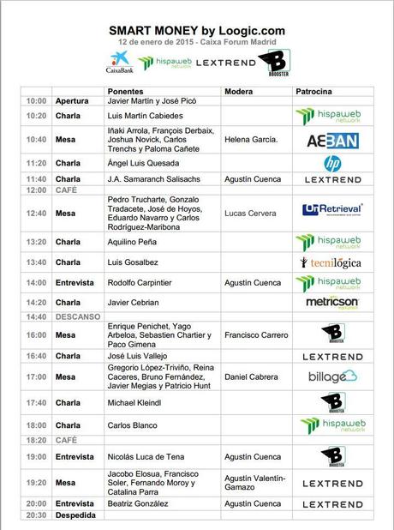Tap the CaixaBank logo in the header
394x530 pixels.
[x=120, y=63]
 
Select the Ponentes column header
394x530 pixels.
[x=126, y=90]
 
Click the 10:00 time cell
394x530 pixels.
[x=36, y=101]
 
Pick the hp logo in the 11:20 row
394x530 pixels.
[x=332, y=163]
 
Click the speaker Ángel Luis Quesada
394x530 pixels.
[x=143, y=163]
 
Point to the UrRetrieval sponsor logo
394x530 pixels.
[x=332, y=209]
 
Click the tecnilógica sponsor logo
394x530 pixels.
[x=331, y=262]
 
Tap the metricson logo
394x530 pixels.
[x=332, y=301]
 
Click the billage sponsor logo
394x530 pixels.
[x=332, y=376]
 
